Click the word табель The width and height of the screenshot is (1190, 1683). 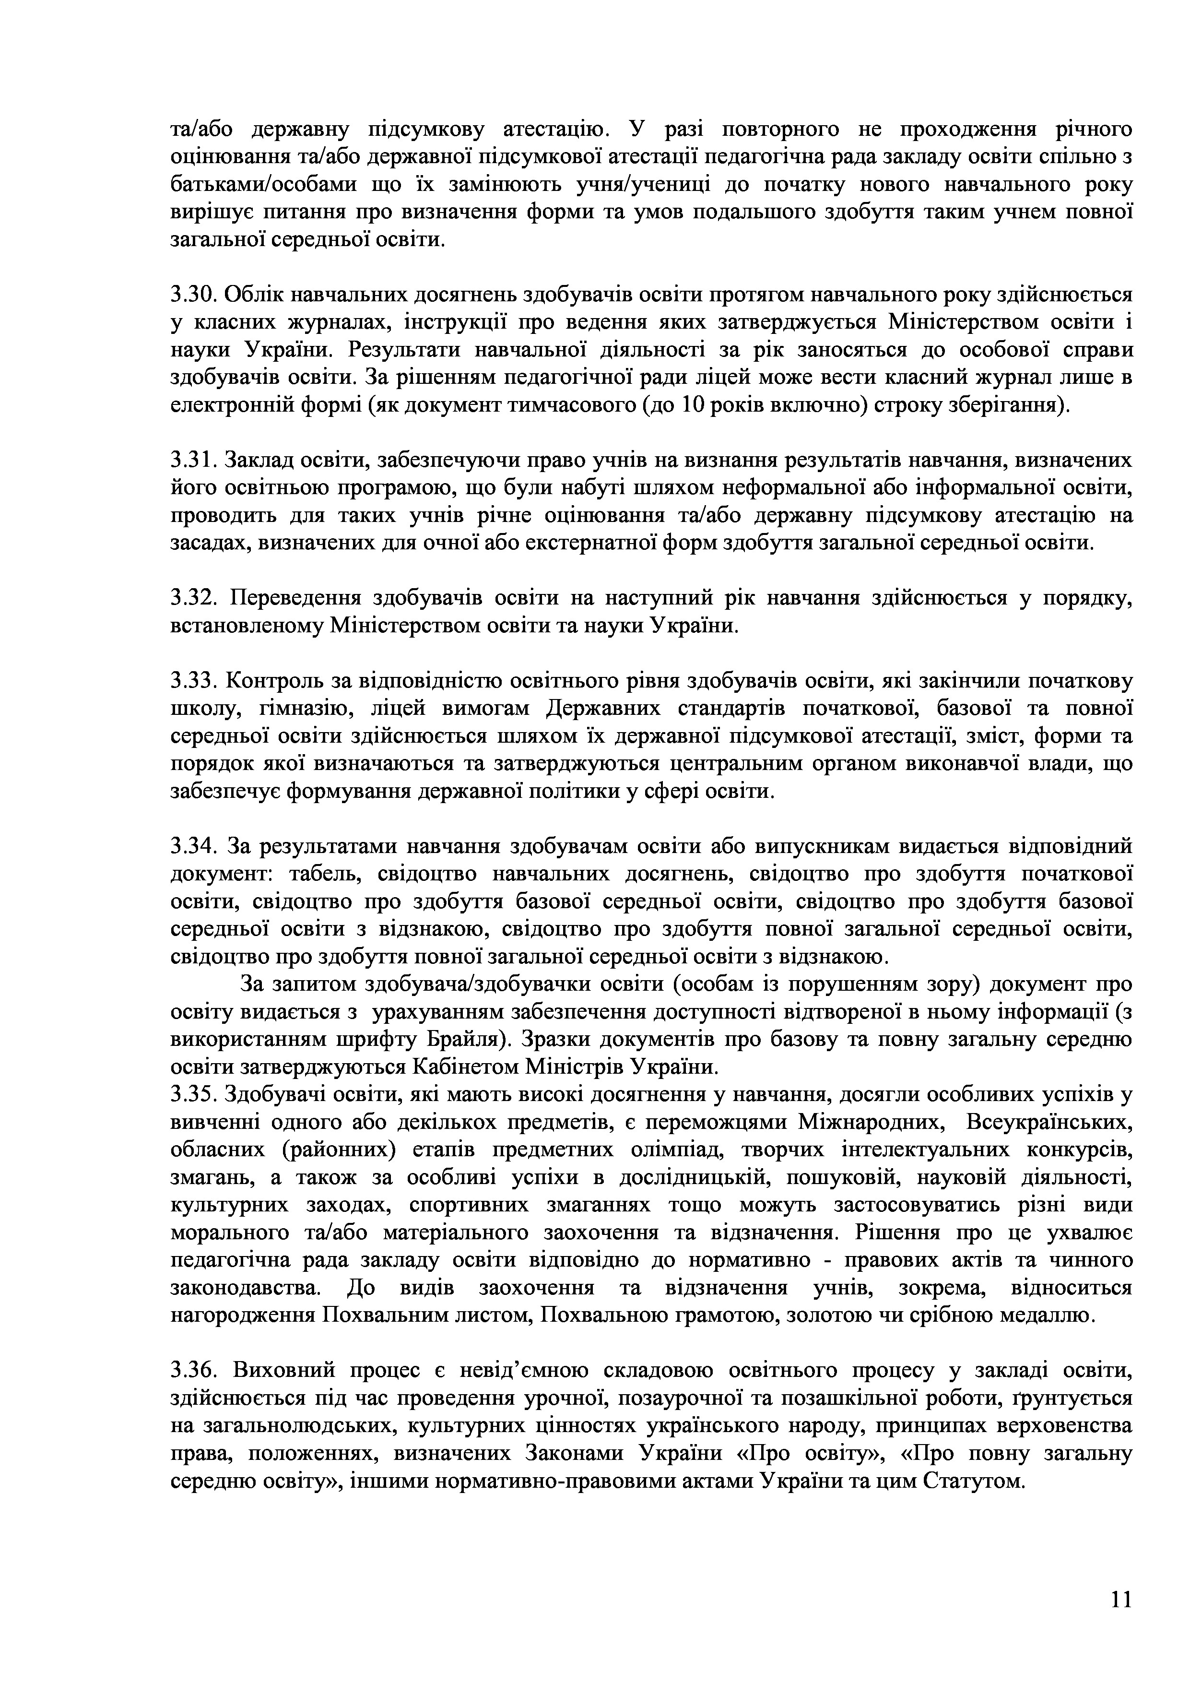point(323,875)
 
